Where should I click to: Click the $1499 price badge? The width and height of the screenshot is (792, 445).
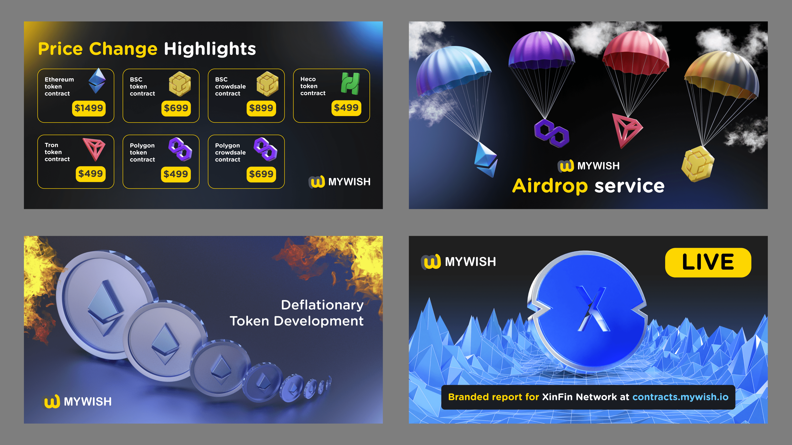(x=89, y=108)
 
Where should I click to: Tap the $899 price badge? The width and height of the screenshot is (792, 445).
(x=261, y=108)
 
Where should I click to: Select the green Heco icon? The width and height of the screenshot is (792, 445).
(x=350, y=83)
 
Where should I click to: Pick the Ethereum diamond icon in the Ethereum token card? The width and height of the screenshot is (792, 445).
(x=97, y=81)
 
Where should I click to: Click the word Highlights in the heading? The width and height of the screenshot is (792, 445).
(x=210, y=49)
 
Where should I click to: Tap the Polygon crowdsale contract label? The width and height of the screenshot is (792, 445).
(x=230, y=152)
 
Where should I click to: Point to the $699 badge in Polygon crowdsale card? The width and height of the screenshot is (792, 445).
(x=261, y=174)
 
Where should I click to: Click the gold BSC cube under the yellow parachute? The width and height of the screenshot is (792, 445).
(x=698, y=164)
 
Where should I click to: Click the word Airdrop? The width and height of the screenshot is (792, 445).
(x=550, y=186)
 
